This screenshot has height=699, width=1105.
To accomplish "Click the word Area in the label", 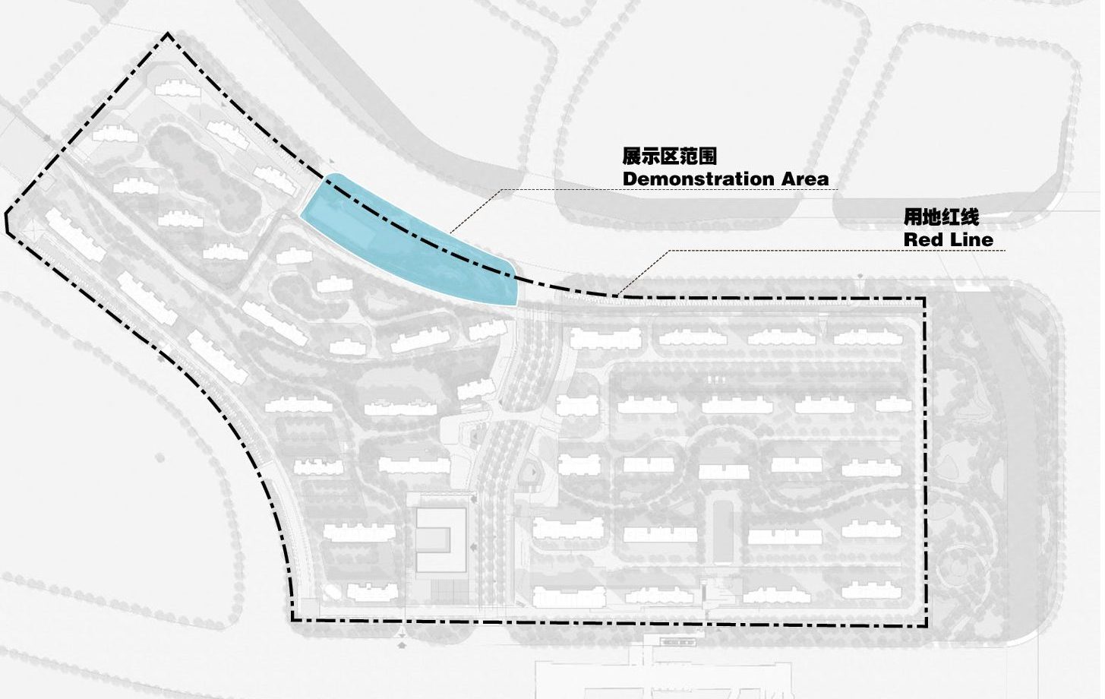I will click(x=803, y=179).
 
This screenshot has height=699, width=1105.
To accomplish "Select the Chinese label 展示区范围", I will click(x=669, y=157).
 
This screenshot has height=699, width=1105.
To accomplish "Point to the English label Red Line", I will click(x=948, y=240).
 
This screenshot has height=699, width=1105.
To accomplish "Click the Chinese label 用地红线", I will click(x=940, y=217).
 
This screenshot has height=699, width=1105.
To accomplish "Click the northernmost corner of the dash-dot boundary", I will click(x=168, y=34).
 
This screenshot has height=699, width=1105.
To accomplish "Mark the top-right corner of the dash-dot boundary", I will click(x=924, y=299).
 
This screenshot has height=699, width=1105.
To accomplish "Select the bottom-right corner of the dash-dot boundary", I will click(x=926, y=625).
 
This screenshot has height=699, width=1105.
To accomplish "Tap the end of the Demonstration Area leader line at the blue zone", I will click(x=450, y=232).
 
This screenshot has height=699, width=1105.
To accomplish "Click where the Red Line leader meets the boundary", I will click(x=617, y=295).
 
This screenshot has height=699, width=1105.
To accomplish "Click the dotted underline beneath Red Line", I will click(x=835, y=251).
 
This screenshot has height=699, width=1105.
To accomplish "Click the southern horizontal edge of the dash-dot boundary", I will click(x=608, y=623).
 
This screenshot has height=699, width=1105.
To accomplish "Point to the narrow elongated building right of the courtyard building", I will click(x=722, y=532).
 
